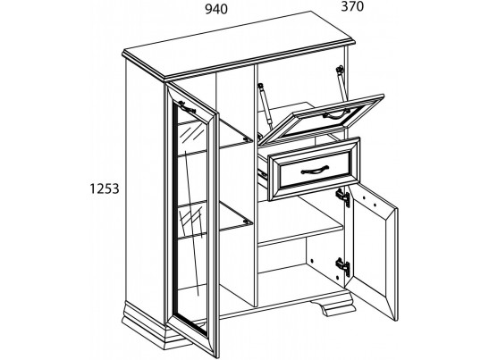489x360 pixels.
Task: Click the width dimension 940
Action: [216, 9]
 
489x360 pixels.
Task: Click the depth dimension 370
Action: [352, 6]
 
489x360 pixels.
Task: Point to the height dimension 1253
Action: [105, 188]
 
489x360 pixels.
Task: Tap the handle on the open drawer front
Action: [315, 170]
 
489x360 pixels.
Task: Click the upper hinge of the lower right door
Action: [343, 197]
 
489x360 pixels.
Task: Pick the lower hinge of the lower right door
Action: [343, 266]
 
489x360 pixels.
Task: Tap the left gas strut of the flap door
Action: [265, 106]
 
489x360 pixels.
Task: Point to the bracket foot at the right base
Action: [333, 303]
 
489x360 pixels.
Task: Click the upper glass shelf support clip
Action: [249, 139]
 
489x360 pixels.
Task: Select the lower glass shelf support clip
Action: [248, 222]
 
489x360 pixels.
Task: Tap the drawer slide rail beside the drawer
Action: [262, 174]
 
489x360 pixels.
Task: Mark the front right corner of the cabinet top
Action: [355, 43]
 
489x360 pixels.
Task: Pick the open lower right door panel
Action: [373, 253]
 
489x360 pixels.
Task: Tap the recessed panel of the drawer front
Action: [316, 170]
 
